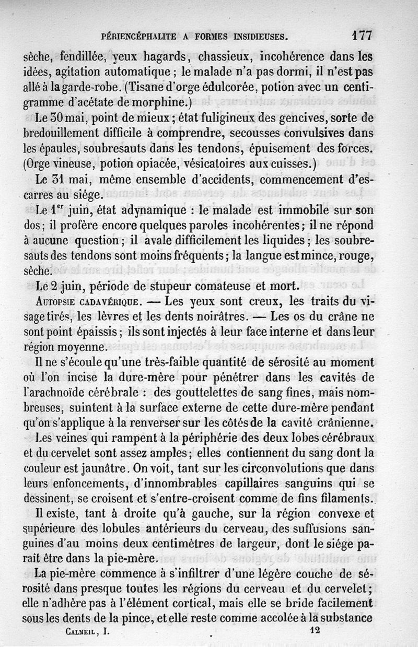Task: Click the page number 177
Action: (362, 36)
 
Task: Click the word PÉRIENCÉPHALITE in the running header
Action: (137, 37)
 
